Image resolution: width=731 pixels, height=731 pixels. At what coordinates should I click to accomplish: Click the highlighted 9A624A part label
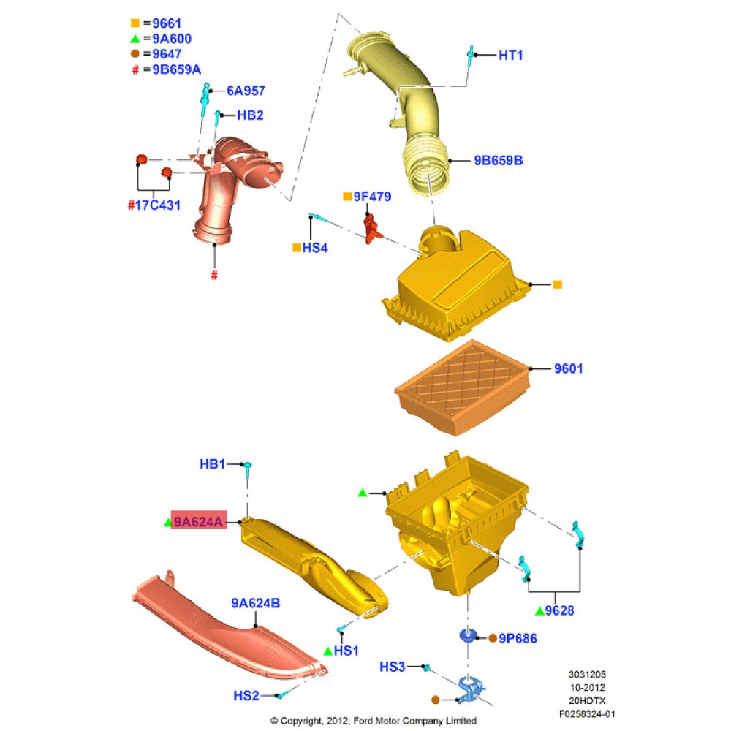click(x=199, y=521)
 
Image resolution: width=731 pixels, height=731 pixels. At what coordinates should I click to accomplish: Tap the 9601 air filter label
click(x=568, y=368)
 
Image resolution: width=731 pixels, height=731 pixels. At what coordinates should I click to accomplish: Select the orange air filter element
click(x=463, y=388)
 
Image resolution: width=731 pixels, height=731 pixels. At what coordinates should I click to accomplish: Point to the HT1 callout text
click(x=510, y=56)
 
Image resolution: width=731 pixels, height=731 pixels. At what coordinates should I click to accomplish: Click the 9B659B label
click(x=499, y=160)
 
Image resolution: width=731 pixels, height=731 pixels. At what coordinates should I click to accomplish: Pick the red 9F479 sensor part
click(x=371, y=228)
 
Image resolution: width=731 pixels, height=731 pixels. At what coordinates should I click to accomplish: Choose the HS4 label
click(x=314, y=248)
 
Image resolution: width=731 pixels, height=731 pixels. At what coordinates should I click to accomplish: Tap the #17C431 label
click(x=154, y=205)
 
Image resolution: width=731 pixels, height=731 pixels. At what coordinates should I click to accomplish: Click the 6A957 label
click(x=246, y=91)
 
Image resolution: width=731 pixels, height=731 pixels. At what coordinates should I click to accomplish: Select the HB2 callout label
click(x=250, y=115)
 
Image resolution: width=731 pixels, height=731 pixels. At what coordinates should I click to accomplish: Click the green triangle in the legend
click(x=135, y=39)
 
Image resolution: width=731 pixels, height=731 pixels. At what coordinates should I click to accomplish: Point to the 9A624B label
click(x=255, y=603)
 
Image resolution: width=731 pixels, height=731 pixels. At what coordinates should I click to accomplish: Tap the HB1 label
click(x=212, y=464)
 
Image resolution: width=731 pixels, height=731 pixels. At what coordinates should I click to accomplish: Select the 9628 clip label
click(x=559, y=610)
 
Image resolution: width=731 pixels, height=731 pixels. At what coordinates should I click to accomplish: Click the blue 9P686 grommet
click(x=468, y=636)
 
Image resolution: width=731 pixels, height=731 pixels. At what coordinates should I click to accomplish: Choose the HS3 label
click(x=392, y=667)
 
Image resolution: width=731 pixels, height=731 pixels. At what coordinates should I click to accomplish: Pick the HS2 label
click(x=246, y=696)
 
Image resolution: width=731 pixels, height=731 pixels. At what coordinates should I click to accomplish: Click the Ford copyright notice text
click(x=374, y=721)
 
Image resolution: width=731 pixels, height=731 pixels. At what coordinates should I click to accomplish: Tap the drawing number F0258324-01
click(x=587, y=713)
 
